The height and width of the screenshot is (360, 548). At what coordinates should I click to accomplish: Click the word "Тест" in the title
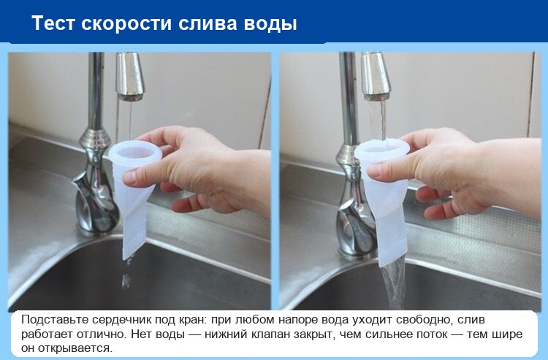point(53,24)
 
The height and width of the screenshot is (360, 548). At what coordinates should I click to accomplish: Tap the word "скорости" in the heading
point(126,24)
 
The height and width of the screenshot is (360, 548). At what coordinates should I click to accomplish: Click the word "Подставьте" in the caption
point(55,320)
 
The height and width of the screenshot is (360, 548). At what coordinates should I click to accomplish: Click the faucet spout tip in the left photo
point(130,96)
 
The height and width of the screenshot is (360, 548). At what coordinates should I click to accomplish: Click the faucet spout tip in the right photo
point(376,96)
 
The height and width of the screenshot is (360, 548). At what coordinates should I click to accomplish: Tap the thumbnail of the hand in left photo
point(129,177)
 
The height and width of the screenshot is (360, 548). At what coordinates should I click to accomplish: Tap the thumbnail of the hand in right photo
point(374,169)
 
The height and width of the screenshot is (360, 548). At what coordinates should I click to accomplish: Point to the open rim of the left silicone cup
point(134,144)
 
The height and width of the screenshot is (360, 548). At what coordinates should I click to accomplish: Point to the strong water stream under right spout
point(377,120)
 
